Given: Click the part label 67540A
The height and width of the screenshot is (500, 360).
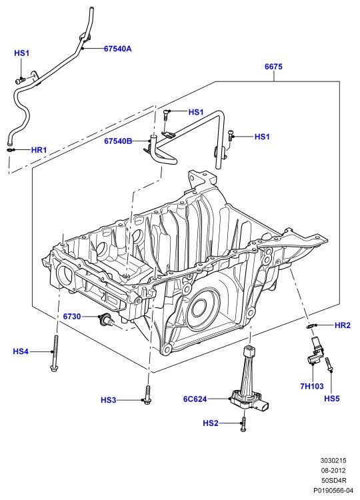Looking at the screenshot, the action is point(117,49).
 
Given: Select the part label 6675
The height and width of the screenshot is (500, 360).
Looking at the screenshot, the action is point(273,67).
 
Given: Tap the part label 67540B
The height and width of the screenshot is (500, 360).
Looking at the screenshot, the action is point(118,141).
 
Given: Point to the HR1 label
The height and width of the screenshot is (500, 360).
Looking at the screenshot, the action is point(39,150).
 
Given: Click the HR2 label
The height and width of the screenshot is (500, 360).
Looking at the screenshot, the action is point(343,325).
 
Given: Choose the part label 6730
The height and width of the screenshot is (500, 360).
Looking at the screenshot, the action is point(72,317).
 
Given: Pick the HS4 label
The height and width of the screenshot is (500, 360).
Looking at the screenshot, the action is point(21,351).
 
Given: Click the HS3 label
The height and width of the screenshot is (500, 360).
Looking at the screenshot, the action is point(109,400).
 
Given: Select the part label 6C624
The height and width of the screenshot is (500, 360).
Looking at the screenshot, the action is point(195,399).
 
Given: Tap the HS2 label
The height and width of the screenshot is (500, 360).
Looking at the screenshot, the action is point(211,423).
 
